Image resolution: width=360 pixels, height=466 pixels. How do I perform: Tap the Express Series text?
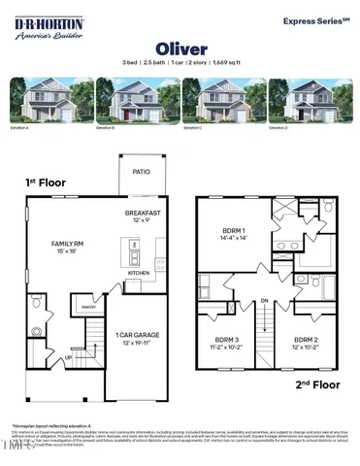tap(315, 19)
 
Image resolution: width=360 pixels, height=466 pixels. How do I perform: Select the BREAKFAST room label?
tap(144, 213)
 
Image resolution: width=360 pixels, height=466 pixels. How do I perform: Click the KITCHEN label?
tap(139, 274)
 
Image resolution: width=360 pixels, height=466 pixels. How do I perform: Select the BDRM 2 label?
tap(306, 341)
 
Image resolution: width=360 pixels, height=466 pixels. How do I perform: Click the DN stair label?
tap(265, 302)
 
